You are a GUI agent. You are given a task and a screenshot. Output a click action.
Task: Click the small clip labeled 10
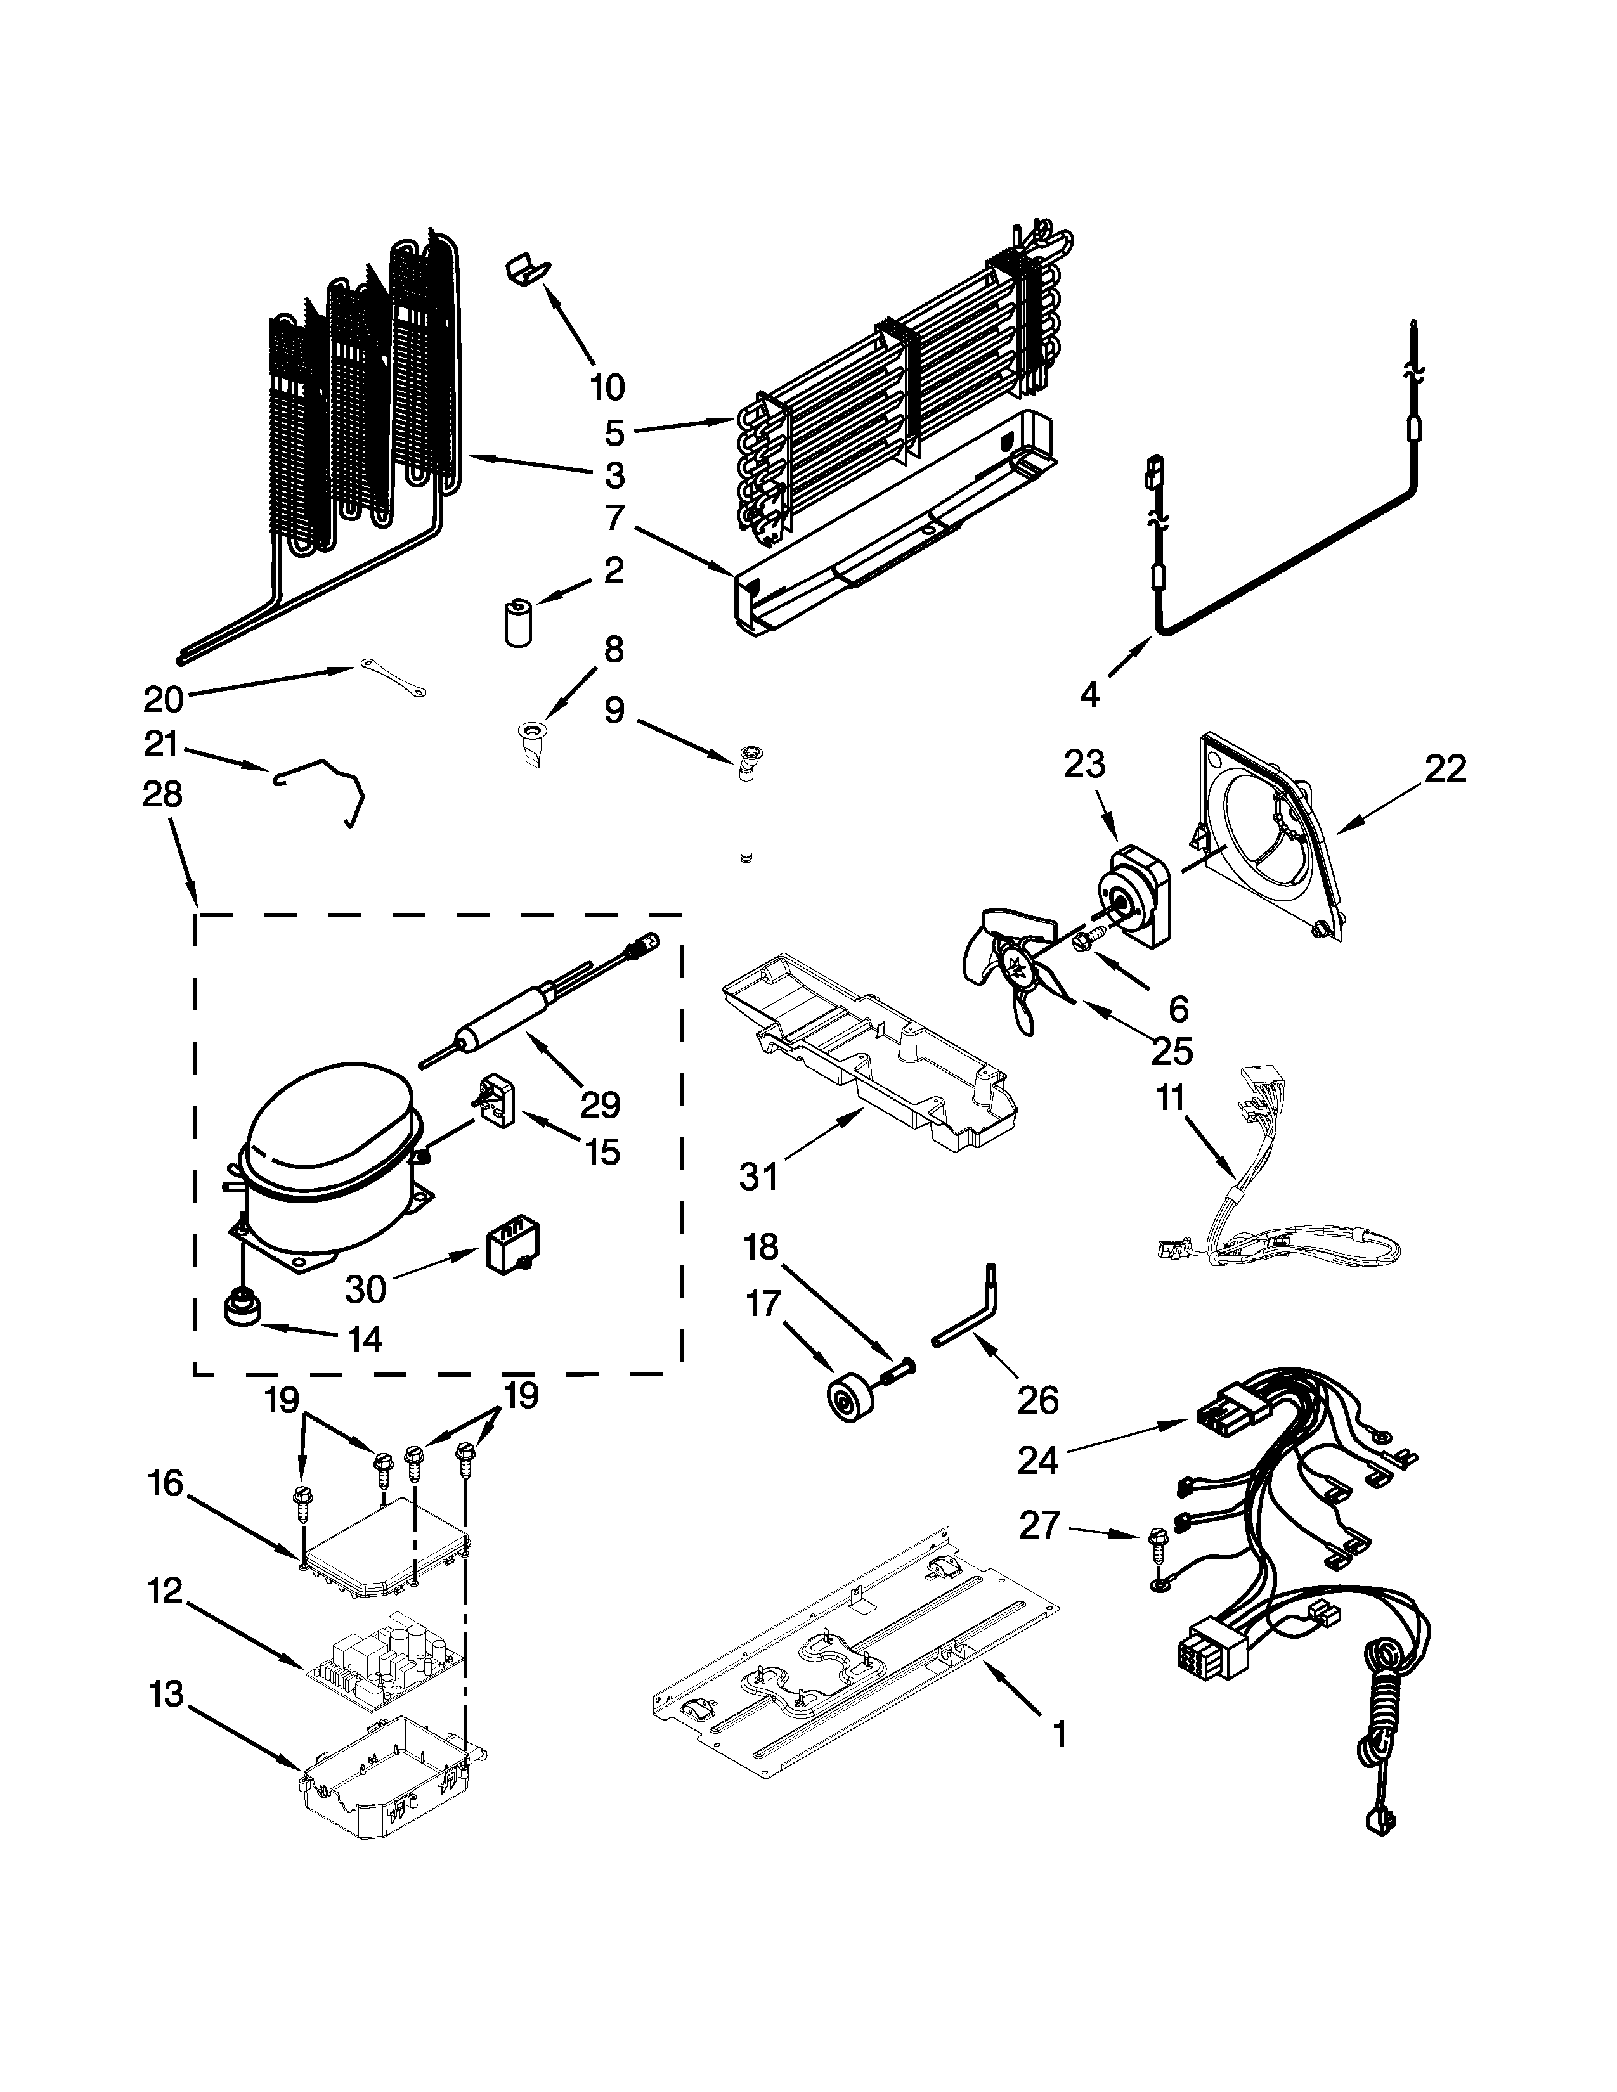pos(526,269)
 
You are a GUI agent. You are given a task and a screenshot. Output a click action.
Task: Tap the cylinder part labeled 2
pos(518,624)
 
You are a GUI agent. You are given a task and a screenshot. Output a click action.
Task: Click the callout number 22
pos(1445,769)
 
